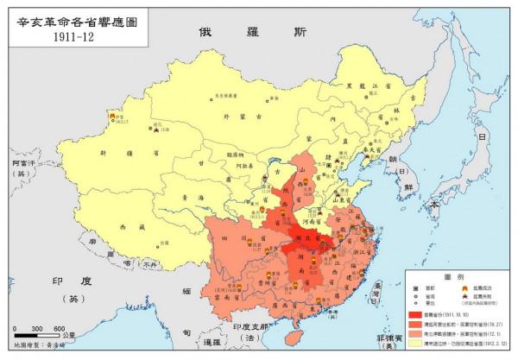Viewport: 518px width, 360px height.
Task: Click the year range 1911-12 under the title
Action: point(75,37)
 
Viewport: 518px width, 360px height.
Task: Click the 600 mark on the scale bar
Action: point(59,329)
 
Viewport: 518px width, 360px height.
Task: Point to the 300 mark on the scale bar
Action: point(36,329)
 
